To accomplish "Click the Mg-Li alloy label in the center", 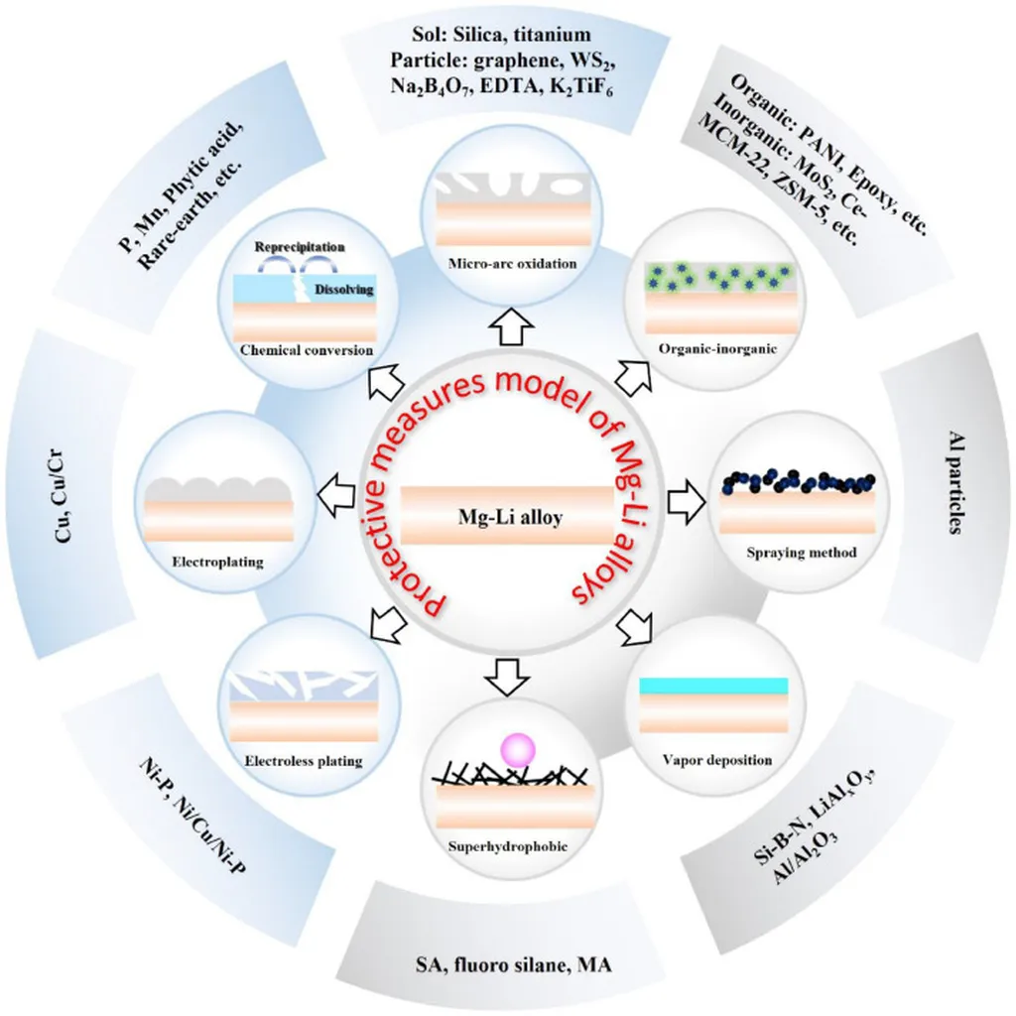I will click(x=508, y=516).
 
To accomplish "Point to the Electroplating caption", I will click(x=217, y=562).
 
